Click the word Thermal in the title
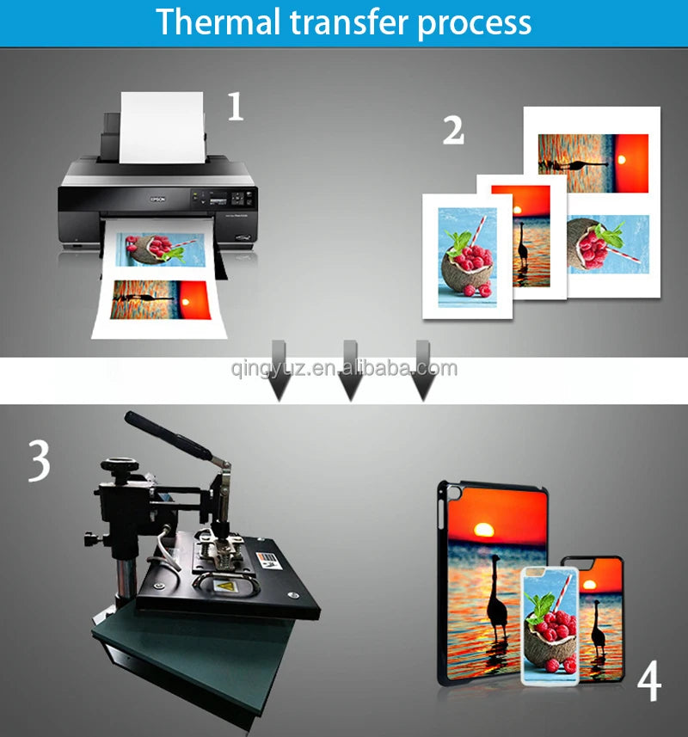(218, 21)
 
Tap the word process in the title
(474, 24)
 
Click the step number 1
(235, 107)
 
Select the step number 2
(453, 130)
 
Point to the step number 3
(39, 461)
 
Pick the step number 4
(649, 680)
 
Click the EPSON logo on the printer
(158, 200)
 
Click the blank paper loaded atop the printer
(163, 127)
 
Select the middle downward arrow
(351, 371)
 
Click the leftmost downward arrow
(279, 371)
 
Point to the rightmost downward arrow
(423, 371)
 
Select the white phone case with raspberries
(550, 625)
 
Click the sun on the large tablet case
(484, 531)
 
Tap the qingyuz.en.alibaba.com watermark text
(344, 367)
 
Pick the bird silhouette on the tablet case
(497, 598)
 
